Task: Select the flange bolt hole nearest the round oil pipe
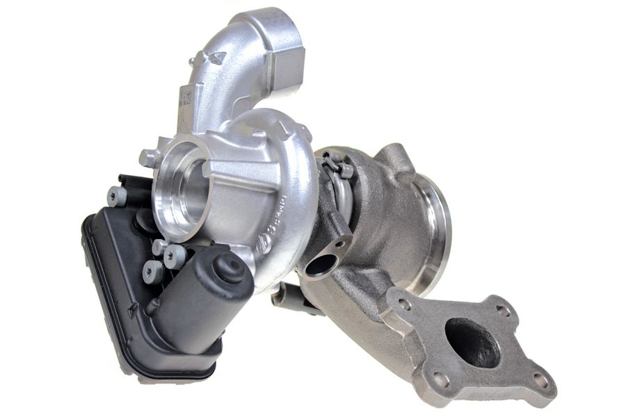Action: point(403,303)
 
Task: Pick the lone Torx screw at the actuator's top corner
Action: point(117,197)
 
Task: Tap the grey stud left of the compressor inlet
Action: point(147,158)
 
